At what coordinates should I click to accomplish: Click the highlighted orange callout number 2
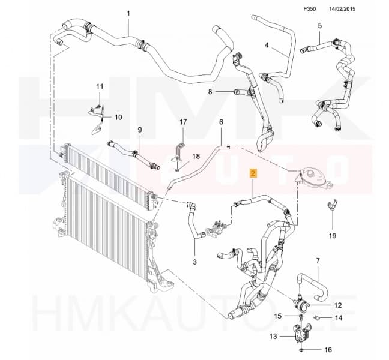tap(253, 173)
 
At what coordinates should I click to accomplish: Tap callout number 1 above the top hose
tap(128, 14)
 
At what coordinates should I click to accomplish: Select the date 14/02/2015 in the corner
tap(342, 9)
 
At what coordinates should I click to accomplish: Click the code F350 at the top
tap(310, 9)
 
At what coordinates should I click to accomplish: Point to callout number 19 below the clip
tap(333, 236)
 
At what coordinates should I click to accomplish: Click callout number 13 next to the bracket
tap(273, 337)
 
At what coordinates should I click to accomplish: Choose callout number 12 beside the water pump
tap(338, 305)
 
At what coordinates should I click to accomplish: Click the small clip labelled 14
tap(316, 318)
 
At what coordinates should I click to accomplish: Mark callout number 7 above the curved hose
tap(318, 260)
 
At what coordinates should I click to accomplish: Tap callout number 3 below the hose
tap(194, 262)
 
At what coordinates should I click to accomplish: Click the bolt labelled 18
tap(176, 170)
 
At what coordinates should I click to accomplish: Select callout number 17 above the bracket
tap(183, 122)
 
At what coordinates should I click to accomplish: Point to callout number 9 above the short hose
tap(140, 130)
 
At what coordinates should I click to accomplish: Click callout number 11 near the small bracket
tap(100, 86)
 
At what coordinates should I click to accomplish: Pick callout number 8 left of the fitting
tap(210, 92)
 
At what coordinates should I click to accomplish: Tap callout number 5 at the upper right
tap(319, 26)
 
